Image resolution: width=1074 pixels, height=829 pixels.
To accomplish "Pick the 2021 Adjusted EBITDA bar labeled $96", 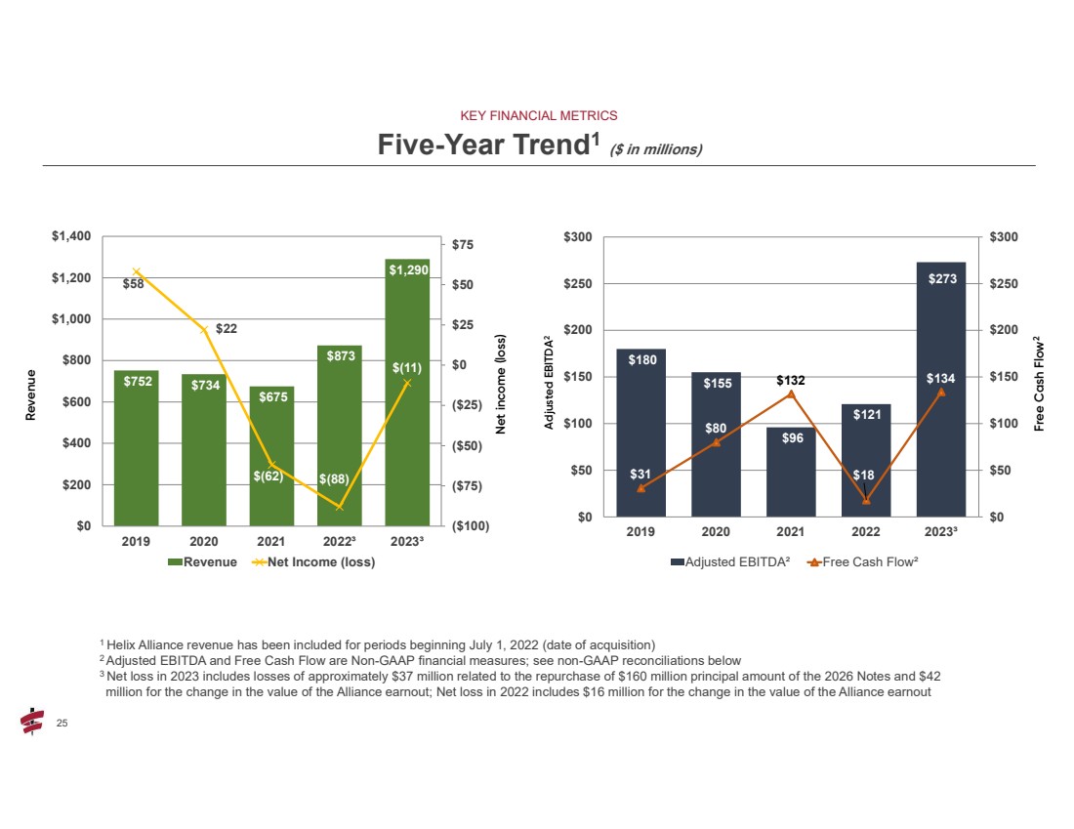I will click(791, 472).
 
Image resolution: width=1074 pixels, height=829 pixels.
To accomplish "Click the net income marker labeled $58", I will click(137, 271).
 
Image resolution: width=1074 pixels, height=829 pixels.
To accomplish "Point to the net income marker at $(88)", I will click(340, 507).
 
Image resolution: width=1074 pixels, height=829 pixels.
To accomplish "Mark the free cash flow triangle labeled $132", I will click(791, 394).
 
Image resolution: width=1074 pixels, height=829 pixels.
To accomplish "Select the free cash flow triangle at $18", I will click(866, 501).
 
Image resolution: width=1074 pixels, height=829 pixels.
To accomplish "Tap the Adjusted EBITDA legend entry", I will click(729, 562).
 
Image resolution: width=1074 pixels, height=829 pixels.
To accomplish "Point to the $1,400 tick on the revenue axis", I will click(70, 237).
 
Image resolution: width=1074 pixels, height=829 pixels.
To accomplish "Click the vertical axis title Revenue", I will click(30, 394).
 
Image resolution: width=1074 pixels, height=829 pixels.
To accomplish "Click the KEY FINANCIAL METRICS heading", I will click(538, 115).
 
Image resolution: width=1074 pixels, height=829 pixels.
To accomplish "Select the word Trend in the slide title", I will click(545, 145).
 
